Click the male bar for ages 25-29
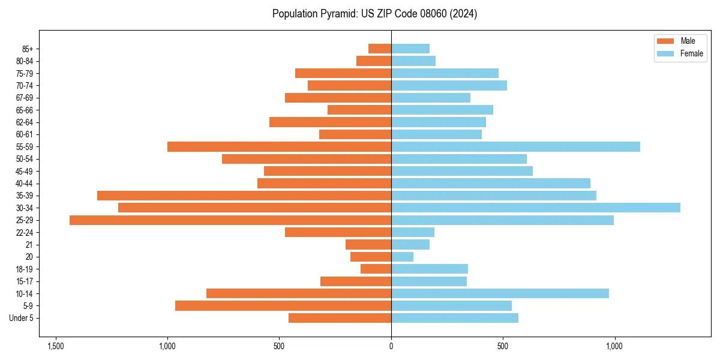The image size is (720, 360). [230, 220]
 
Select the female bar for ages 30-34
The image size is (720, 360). [536, 208]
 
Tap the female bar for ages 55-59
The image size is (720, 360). [515, 146]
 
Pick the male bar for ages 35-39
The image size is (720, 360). [244, 196]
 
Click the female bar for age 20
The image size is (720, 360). [402, 257]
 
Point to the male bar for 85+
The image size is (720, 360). [380, 49]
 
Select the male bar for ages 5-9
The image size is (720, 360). [283, 305]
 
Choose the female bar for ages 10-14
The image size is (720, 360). [500, 293]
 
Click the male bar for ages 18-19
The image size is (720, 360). [376, 269]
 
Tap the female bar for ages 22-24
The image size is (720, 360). [413, 232]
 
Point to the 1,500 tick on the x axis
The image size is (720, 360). [56, 347]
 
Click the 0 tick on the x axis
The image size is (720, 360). [391, 347]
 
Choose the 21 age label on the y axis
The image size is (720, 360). [29, 245]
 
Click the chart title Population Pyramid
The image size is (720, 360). [374, 14]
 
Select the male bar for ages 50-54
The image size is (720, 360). [307, 159]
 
